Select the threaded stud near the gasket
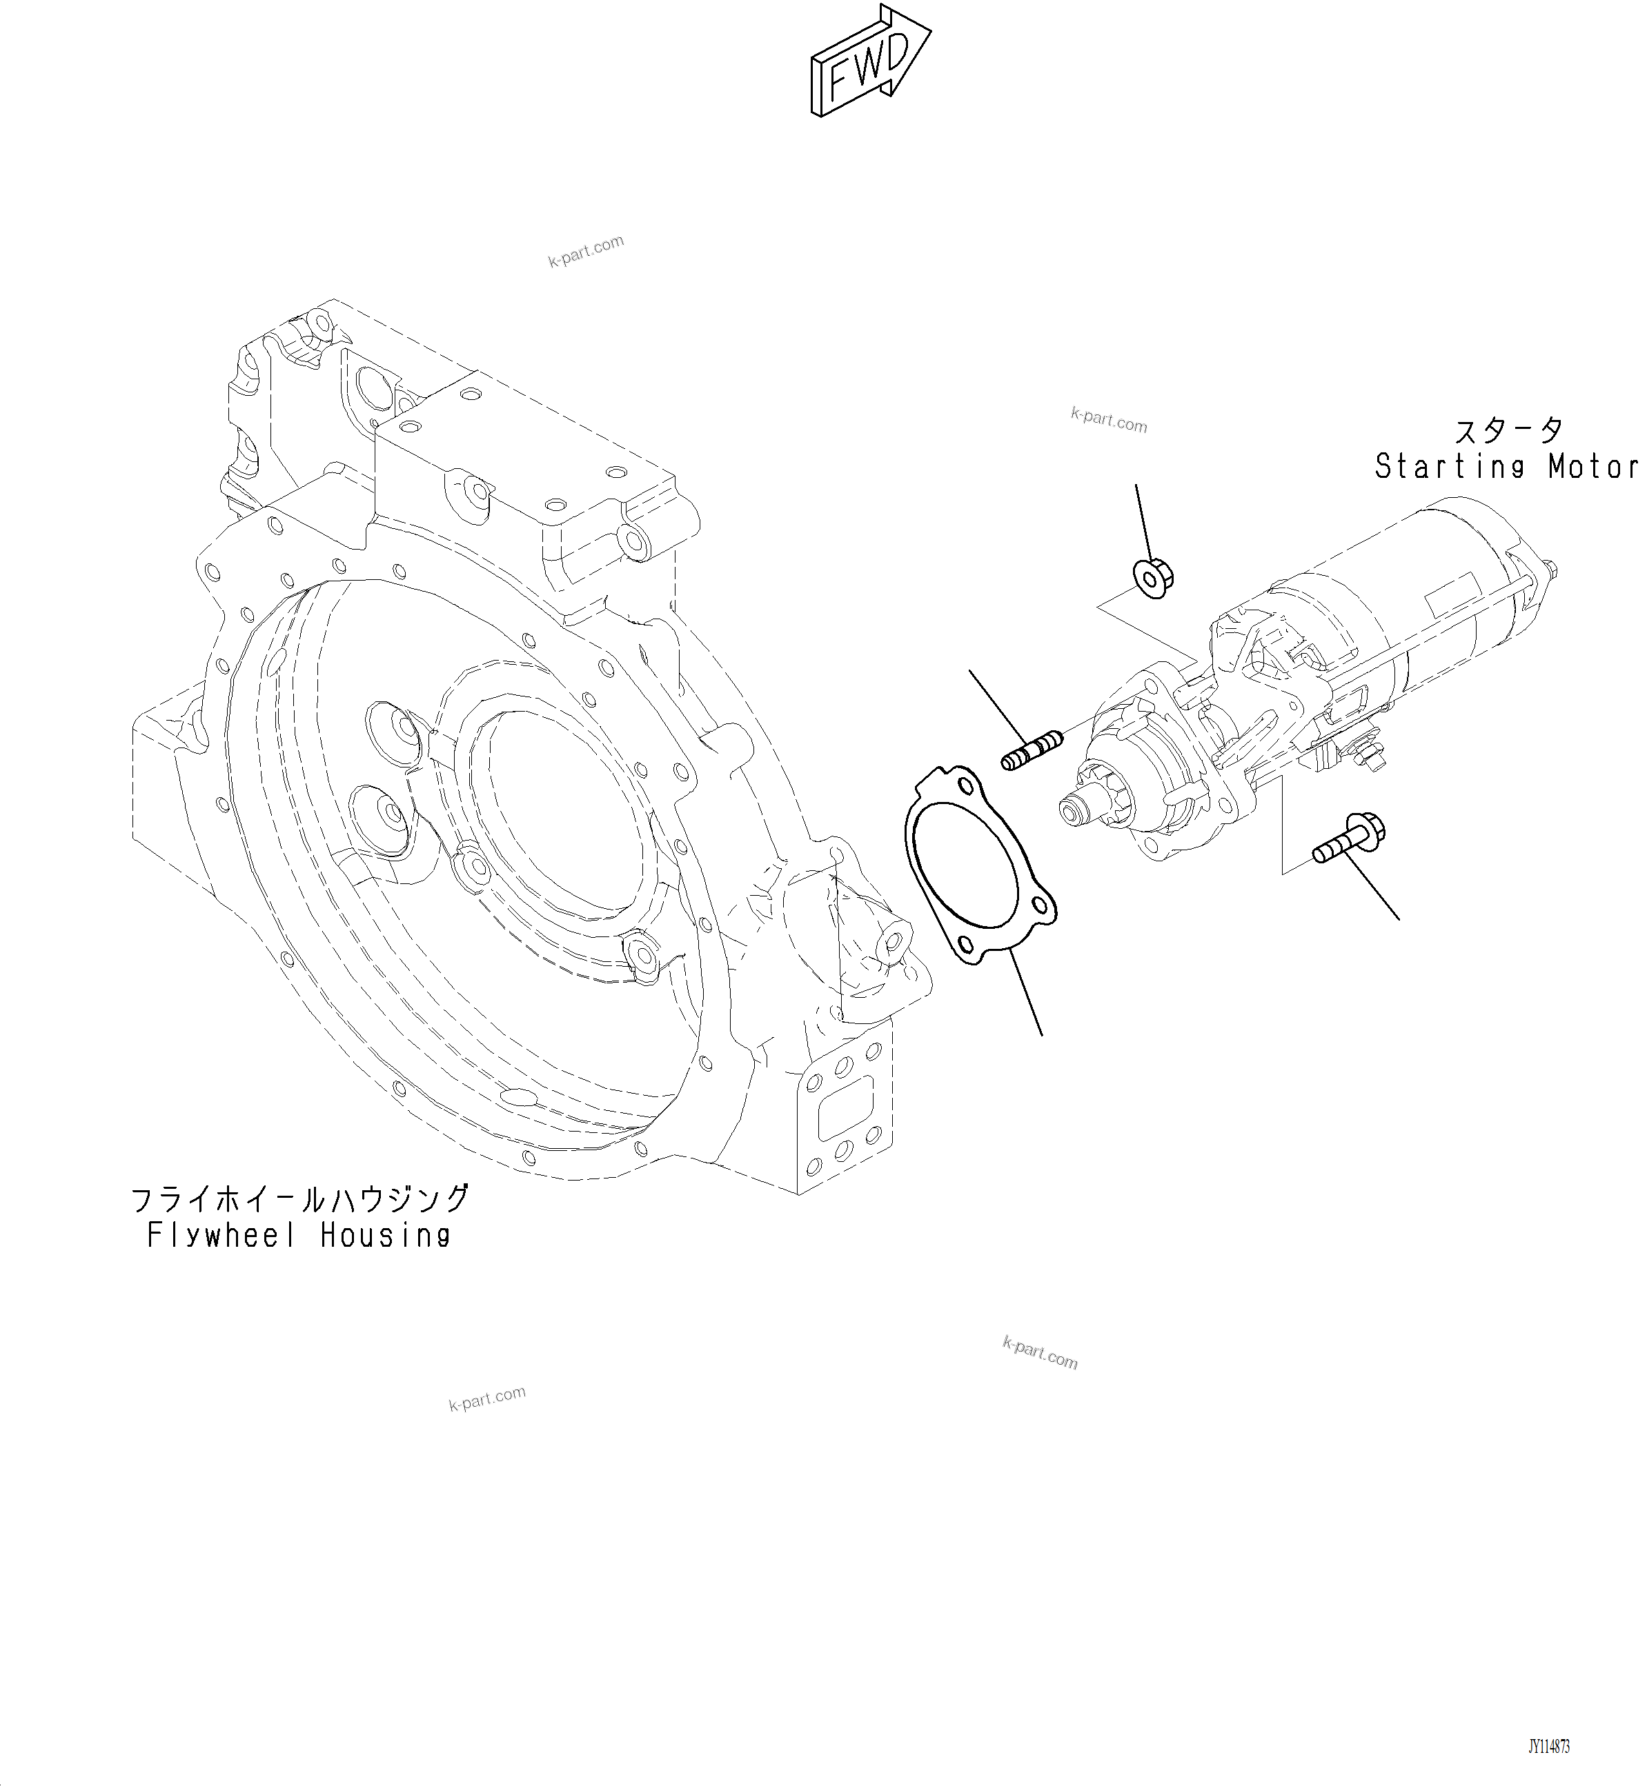pos(1032,749)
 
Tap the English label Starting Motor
pos(1506,467)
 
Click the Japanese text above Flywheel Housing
pos(299,1199)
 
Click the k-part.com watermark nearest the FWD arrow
pos(586,251)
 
